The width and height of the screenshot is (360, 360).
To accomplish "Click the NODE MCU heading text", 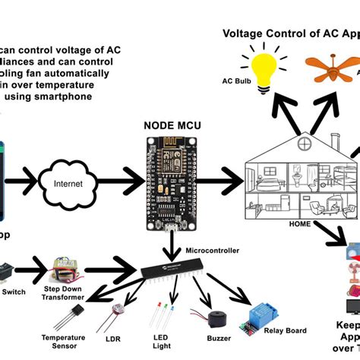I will tap(174, 125).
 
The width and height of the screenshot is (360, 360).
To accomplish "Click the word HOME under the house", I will tap(301, 223).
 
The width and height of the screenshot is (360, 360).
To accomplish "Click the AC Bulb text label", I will tap(236, 81).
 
